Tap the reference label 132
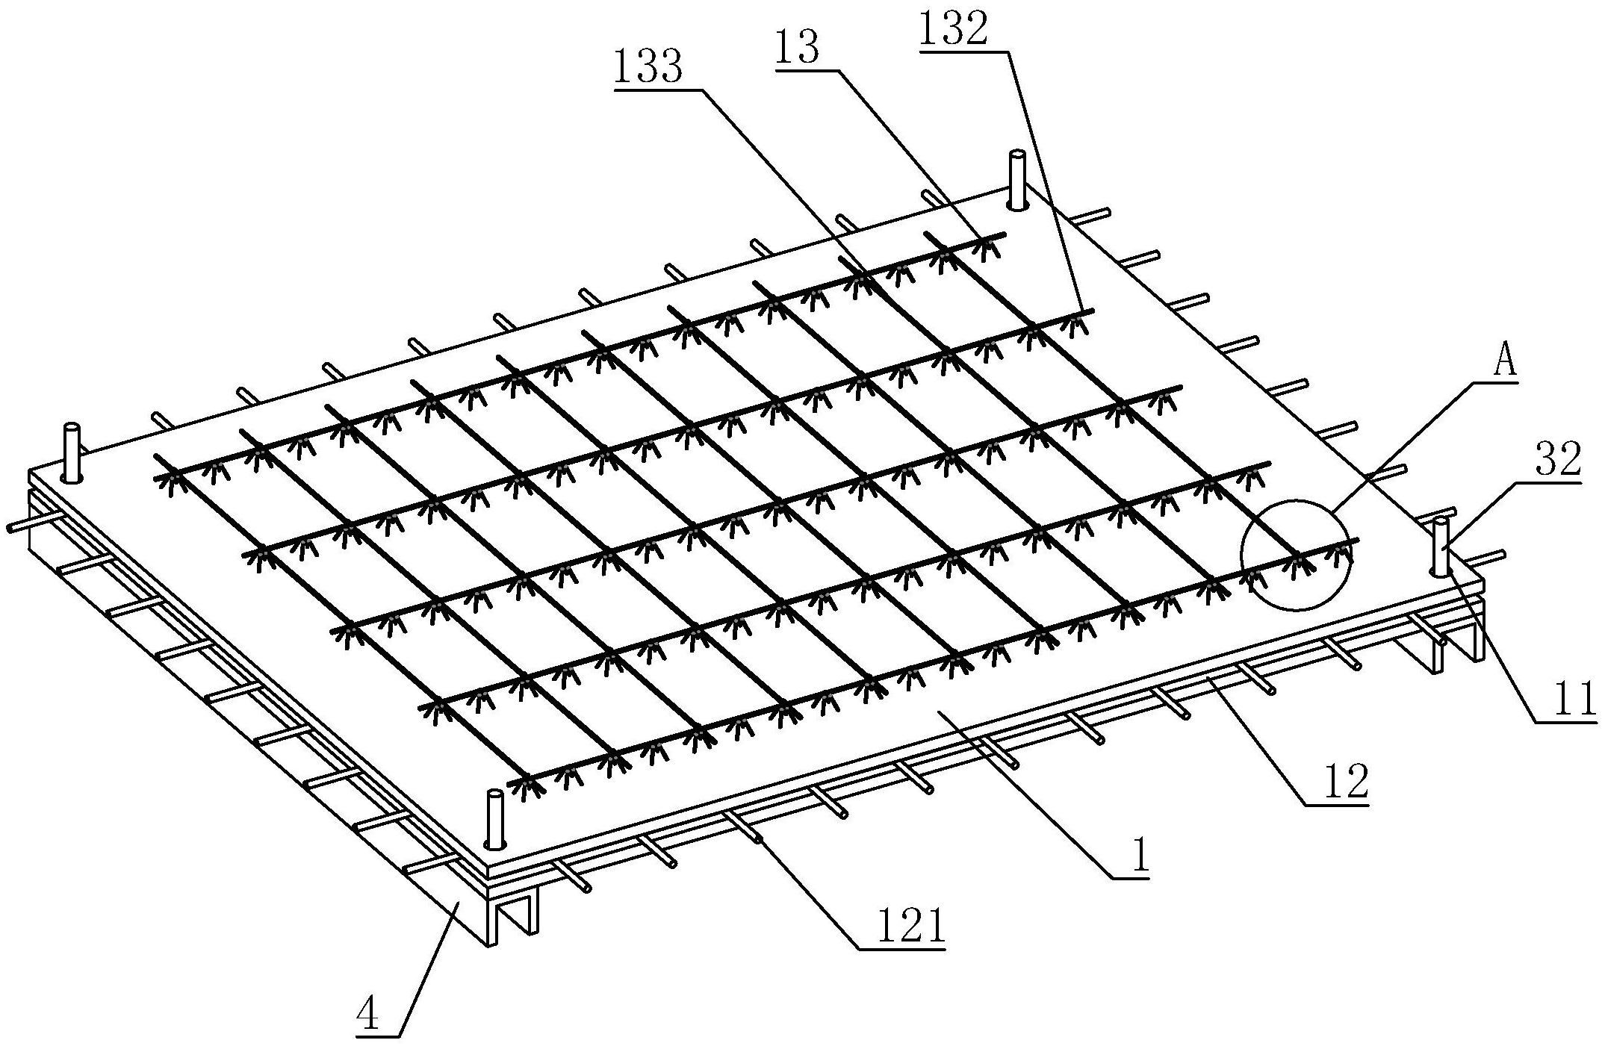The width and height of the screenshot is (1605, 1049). [x=954, y=31]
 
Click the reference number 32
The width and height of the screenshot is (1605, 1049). [x=1559, y=461]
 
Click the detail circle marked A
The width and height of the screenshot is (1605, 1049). [x=1296, y=555]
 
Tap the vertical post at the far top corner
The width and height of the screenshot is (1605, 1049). [x=1017, y=179]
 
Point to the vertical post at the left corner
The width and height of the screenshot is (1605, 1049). [x=72, y=452]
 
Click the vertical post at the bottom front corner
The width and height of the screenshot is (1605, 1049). [x=494, y=819]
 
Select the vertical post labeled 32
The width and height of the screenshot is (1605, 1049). [x=1441, y=547]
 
